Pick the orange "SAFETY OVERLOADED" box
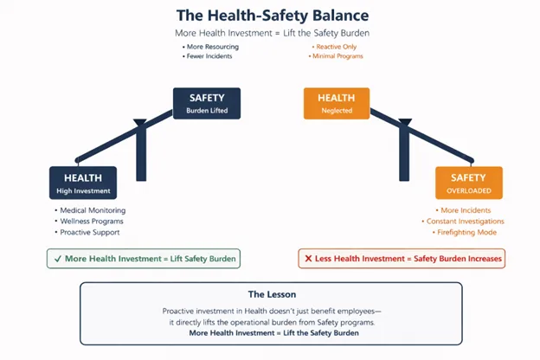[x=468, y=183]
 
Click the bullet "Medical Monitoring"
[x=93, y=210]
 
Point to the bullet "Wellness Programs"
[x=92, y=222]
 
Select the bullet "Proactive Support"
[x=90, y=233]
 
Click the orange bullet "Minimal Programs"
[x=338, y=56]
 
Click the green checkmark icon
[x=56, y=258]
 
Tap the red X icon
[x=308, y=258]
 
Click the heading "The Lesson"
[x=270, y=294]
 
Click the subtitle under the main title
[x=270, y=33]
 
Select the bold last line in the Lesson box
[x=270, y=333]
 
